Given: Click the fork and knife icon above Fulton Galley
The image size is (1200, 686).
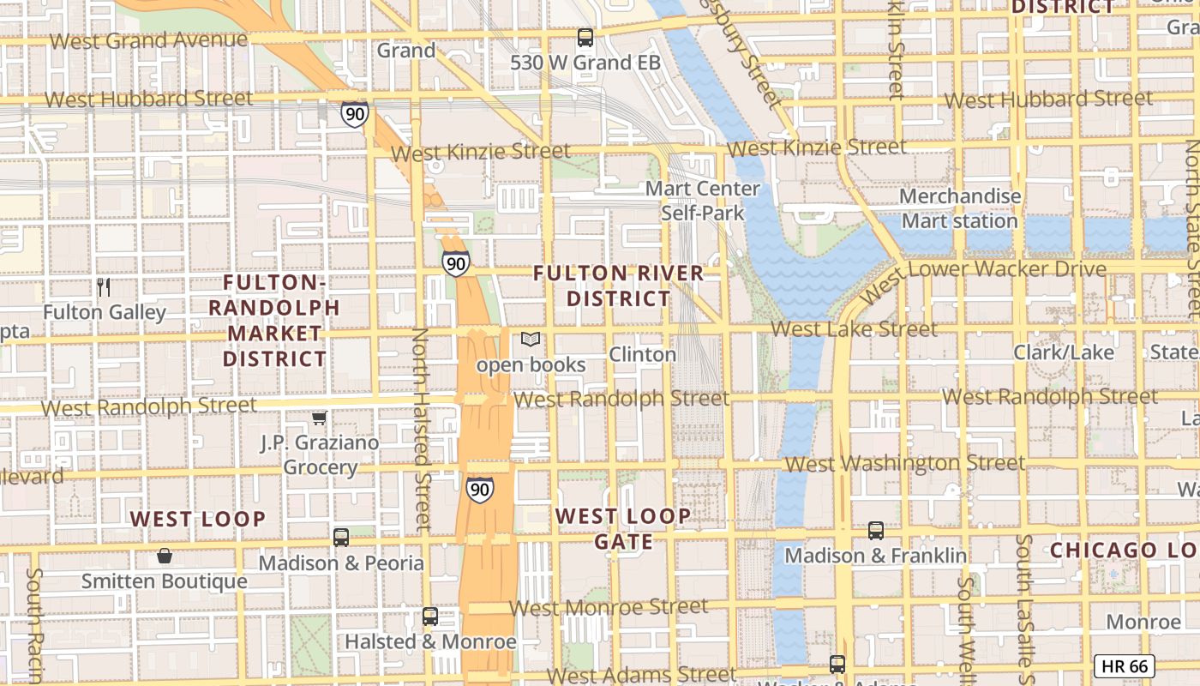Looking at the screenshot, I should coord(104,287).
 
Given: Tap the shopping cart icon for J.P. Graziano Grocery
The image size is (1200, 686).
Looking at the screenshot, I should coord(319,418).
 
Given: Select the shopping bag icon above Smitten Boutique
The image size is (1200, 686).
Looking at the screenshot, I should coord(165,557).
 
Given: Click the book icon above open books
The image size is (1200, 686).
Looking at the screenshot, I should coord(531,340).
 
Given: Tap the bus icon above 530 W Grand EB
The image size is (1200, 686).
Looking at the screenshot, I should coord(585,38).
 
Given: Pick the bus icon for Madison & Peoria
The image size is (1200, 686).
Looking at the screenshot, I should coord(341,538).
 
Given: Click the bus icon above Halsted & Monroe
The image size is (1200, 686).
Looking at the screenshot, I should coord(430,617).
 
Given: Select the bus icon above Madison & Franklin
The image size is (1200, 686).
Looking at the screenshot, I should coord(875,531).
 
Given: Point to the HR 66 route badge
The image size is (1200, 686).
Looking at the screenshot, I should coord(1125,666).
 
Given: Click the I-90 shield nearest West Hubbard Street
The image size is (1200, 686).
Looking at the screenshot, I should coord(354,114).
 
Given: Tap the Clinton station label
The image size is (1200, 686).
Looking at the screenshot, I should coord(642,354).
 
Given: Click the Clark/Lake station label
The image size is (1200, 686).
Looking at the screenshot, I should coord(1064,352).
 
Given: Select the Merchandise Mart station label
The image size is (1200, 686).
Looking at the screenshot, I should coord(959,208).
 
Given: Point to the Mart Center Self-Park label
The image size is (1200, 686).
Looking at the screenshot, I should coord(702,201).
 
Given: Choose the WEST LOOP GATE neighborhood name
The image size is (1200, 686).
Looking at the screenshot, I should coord(622,528).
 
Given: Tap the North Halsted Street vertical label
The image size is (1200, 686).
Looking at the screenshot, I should coord(420,429).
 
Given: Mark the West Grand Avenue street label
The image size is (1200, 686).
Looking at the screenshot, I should coord(148,40).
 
